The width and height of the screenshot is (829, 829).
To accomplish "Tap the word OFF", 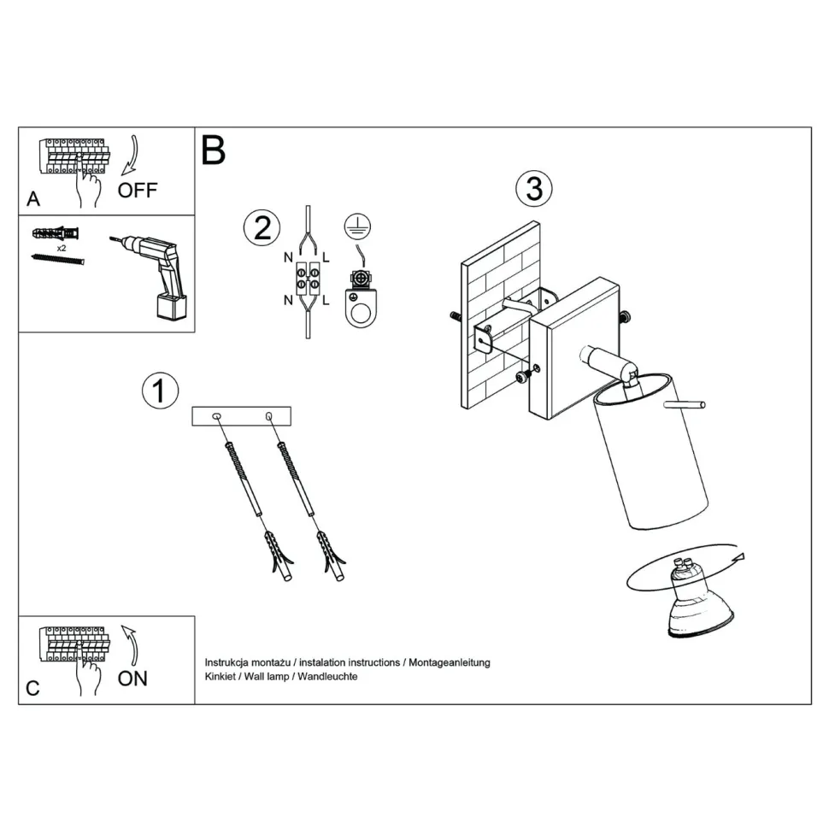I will point(138,190).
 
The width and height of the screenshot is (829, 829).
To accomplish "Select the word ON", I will point(132,679).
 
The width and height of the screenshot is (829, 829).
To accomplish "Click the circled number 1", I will point(160,391).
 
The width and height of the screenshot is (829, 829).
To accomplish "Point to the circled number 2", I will point(262,227).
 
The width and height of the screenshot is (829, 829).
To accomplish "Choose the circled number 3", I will point(534,188).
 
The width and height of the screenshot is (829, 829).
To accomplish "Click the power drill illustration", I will point(159,273).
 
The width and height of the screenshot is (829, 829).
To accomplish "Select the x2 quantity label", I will point(62,247).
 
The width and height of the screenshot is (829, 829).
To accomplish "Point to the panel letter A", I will point(33,199).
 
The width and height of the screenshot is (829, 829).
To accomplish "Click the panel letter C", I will point(32,688).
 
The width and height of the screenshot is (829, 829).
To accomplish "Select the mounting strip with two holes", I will point(242,416).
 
